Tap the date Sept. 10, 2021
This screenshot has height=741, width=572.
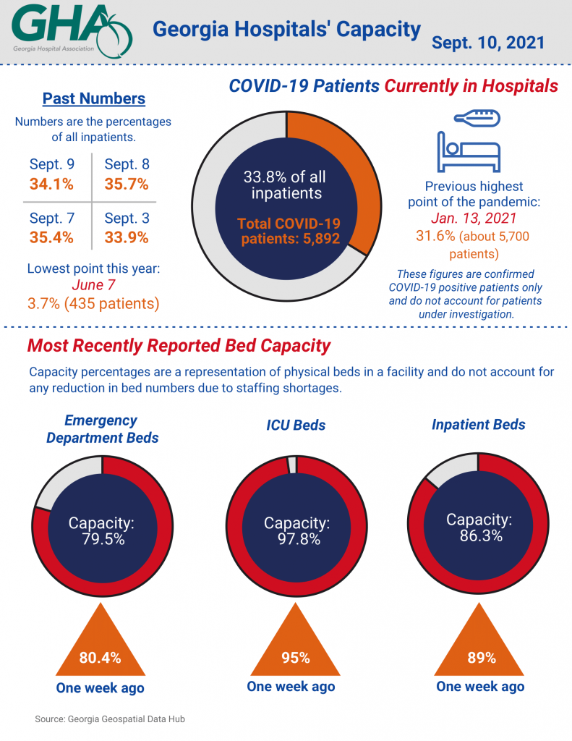pos(487,42)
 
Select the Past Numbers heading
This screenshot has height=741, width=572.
pos(93,98)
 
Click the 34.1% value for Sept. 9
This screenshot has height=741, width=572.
pos(51,184)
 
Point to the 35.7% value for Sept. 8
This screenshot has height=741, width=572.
pos(127,184)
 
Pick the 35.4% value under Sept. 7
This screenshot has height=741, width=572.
pos(51,237)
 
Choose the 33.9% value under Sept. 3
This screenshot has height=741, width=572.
pos(127,237)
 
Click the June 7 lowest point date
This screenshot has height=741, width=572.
pos(93,284)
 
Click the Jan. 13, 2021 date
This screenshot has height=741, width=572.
pos(474,219)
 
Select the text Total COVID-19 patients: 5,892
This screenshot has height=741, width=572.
pos(289,231)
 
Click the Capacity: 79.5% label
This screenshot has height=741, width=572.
pos(101,530)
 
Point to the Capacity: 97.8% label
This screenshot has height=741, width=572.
pos(296,530)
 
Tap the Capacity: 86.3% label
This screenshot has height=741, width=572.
pos(479,527)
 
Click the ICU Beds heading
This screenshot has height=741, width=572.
pos(297,425)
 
